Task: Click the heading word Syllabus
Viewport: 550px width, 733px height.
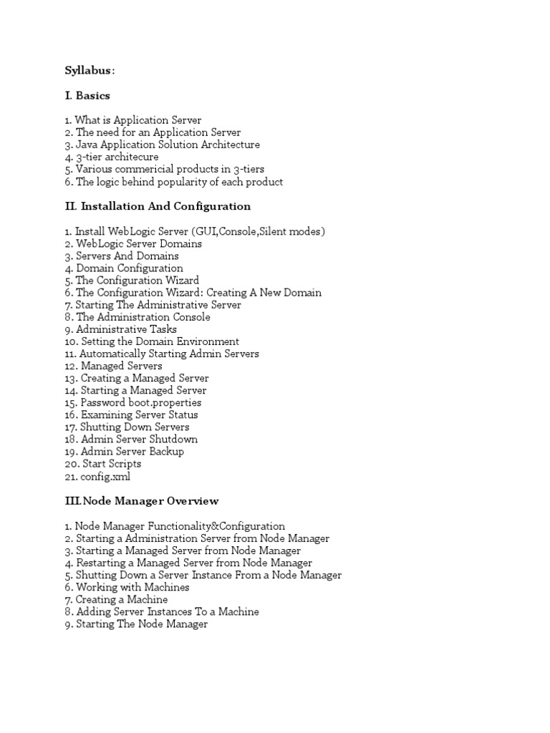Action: point(88,70)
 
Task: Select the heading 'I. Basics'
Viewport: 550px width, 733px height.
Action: point(87,95)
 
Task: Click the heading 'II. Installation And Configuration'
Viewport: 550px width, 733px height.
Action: point(158,206)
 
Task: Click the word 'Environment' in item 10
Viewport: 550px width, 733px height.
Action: point(207,341)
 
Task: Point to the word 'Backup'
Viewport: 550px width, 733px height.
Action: point(166,451)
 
